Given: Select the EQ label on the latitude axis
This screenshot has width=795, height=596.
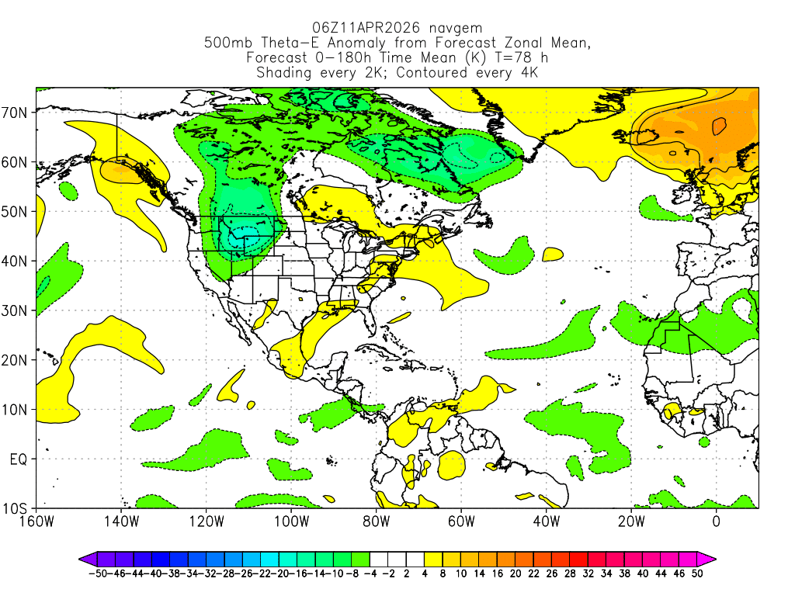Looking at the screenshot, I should click(19, 459).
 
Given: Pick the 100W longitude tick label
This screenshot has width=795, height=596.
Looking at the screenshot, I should click(291, 521).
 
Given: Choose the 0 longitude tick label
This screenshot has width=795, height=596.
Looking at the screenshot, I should click(716, 521).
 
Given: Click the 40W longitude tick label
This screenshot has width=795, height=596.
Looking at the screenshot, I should click(546, 521).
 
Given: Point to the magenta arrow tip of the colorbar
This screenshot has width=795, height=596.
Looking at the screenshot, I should click(710, 557).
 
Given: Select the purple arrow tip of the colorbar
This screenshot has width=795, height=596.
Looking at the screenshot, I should click(84, 557).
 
